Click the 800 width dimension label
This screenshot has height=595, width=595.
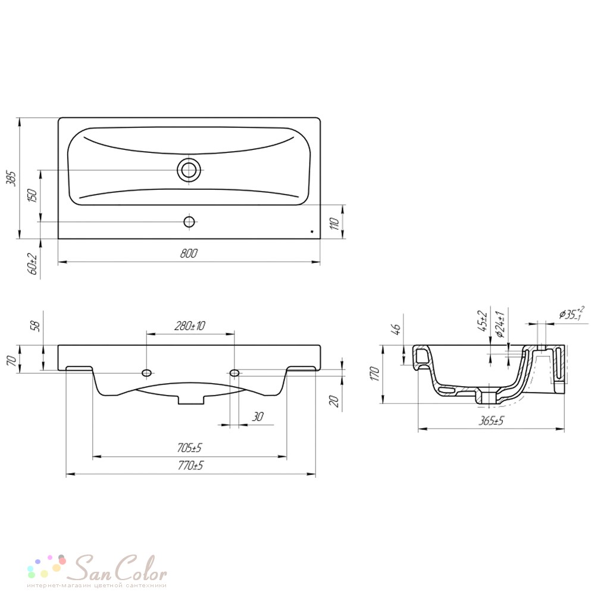tap(189, 253)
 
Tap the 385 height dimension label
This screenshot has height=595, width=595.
tap(12, 178)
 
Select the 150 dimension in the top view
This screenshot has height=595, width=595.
tap(33, 195)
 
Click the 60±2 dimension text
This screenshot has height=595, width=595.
tap(33, 264)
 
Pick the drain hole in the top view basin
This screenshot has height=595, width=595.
tap(189, 170)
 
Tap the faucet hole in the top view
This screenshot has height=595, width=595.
tap(189, 221)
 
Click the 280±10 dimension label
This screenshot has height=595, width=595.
tap(190, 325)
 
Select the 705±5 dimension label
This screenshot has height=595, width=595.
tap(189, 448)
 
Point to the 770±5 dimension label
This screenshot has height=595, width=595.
tap(190, 465)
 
